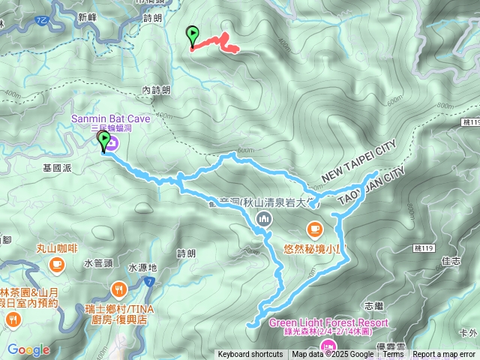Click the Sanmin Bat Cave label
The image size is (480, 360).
pos(111,118)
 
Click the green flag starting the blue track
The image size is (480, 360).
pos(104,140)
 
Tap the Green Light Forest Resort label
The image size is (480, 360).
pos(328,323)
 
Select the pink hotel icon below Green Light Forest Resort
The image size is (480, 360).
pos(328,346)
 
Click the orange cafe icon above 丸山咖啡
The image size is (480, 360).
pos(57,264)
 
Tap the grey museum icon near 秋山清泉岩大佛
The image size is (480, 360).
pos(262,219)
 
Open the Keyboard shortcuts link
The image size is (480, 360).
pos(251,355)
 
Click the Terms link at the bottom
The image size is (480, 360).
pos(393,355)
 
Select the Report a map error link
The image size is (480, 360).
pos(445,355)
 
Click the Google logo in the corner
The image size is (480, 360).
pos(28,350)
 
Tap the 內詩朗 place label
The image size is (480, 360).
pos(155,90)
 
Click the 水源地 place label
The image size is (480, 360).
pos(142,268)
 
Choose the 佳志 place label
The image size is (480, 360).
pos(451,261)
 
